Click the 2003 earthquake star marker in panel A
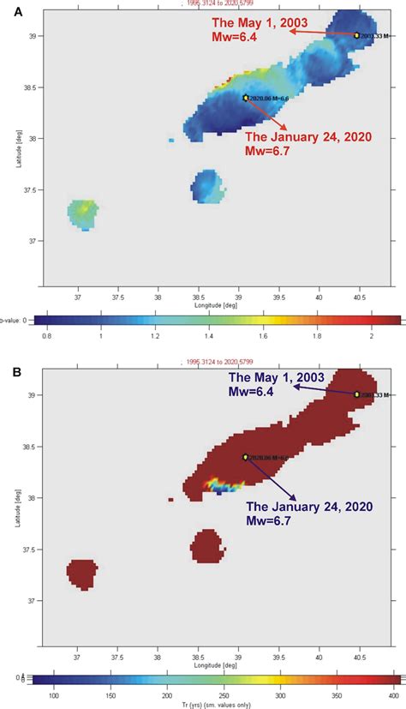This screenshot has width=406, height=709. coord(356,35)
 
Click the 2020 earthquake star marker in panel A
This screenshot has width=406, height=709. coord(246,98)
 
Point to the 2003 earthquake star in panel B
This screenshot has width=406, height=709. coord(356,394)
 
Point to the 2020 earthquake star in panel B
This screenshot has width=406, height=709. coord(246,457)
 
